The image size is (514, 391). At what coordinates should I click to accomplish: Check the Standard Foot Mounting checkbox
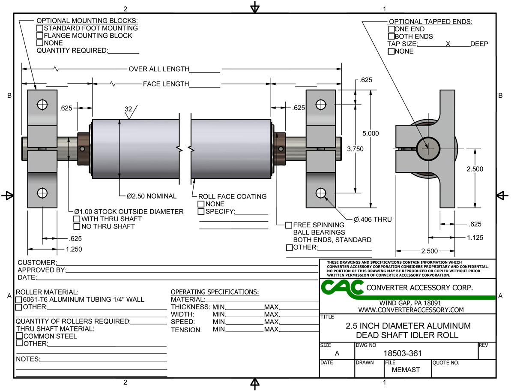(x=40, y=28)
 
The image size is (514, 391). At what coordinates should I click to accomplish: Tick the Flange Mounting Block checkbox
(x=40, y=36)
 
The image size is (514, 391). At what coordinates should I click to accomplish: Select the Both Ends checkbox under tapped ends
(x=391, y=36)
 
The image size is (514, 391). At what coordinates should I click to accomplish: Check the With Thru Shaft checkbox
(x=77, y=219)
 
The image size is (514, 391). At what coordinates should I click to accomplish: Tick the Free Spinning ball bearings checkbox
(x=289, y=225)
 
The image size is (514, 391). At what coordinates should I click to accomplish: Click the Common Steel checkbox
(x=19, y=336)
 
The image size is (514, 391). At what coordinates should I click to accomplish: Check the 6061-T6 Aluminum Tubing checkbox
(x=19, y=300)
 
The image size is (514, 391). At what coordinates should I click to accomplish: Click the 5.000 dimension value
(x=371, y=133)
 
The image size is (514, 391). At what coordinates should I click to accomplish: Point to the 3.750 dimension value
(x=355, y=149)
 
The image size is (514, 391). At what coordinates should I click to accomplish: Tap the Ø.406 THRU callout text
(x=373, y=220)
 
